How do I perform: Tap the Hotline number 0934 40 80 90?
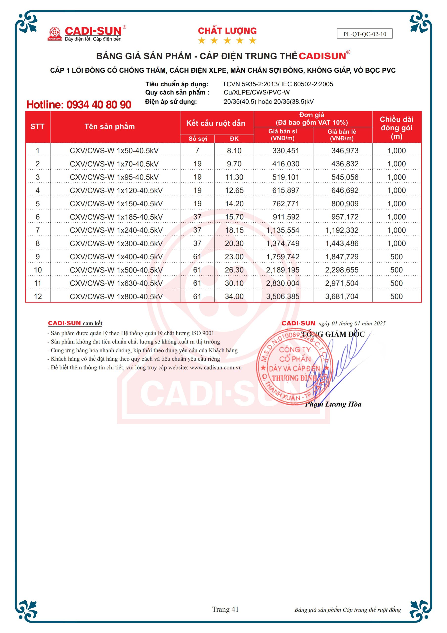79,105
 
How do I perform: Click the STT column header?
38,127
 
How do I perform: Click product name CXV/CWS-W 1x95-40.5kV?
114,177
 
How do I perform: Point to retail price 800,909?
345,204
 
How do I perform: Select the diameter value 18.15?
234,230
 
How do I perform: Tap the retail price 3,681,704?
342,297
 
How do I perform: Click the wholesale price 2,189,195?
283,270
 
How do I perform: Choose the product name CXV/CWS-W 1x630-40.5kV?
116,283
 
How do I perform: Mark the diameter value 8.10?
234,151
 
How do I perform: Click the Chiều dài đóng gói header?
397,127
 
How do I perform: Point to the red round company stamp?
294,367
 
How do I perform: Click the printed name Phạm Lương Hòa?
333,404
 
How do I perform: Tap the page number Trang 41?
225,609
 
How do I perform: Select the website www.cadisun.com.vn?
215,367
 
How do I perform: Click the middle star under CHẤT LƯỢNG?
227,41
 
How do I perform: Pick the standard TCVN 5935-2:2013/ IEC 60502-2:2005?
278,84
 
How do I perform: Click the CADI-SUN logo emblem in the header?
55,34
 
